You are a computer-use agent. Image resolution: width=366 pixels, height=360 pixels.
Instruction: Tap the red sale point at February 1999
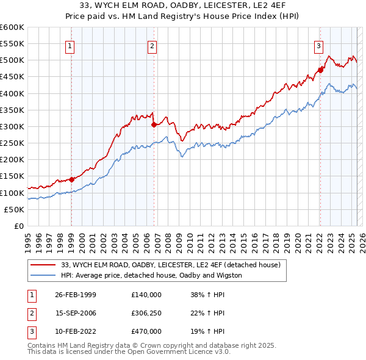pos(71,179)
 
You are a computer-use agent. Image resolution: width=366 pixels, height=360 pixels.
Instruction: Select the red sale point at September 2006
pos(154,124)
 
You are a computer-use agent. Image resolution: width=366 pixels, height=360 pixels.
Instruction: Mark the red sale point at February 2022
pos(320,70)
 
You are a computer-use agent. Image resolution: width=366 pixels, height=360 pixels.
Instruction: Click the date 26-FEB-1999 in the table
pos(76,294)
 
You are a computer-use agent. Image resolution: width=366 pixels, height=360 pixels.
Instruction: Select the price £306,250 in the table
pos(146,313)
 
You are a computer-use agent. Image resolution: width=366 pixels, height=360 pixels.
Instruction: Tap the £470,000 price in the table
pos(146,331)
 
